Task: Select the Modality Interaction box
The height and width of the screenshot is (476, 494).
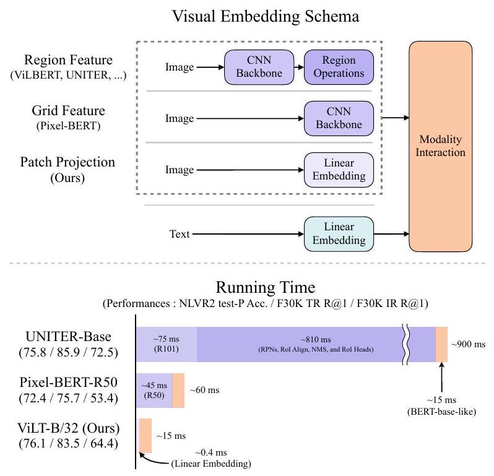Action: [440, 146]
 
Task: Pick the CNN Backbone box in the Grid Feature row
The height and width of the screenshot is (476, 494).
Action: [339, 118]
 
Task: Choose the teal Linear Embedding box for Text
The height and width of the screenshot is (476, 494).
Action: [339, 234]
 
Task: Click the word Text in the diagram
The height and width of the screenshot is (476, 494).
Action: [180, 235]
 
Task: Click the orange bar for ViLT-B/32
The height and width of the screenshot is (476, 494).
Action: [145, 435]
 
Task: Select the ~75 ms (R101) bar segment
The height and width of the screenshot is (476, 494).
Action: [167, 344]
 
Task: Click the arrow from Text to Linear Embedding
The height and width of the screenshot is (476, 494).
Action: [248, 235]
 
